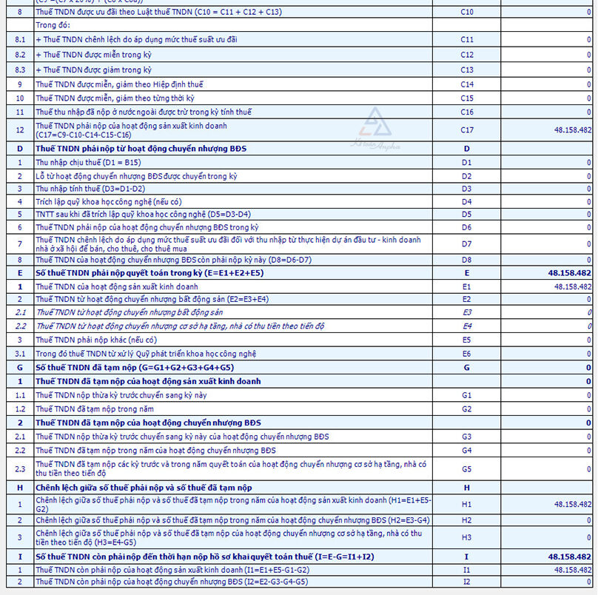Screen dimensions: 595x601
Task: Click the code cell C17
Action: (466, 130)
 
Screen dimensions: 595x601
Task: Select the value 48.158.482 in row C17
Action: (572, 130)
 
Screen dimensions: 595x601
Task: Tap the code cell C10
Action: (466, 13)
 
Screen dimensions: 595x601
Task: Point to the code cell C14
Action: (466, 84)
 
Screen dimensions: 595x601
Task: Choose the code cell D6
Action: (466, 228)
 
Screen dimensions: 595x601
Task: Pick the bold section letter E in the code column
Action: (466, 273)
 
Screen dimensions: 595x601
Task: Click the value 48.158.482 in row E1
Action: (572, 286)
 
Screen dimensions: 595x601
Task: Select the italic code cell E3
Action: (466, 313)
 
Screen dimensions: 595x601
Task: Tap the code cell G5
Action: (466, 468)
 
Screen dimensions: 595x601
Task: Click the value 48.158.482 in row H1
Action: (572, 504)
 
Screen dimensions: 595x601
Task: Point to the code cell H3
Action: (466, 537)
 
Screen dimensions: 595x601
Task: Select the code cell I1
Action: (466, 570)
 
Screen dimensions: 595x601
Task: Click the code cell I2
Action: (466, 582)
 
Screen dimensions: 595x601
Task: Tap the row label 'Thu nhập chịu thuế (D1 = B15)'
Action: (88, 162)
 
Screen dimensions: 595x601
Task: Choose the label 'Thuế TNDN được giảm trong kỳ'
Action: (102, 70)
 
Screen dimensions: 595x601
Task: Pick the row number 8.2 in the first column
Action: (20, 55)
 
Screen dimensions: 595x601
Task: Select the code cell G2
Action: (466, 409)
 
